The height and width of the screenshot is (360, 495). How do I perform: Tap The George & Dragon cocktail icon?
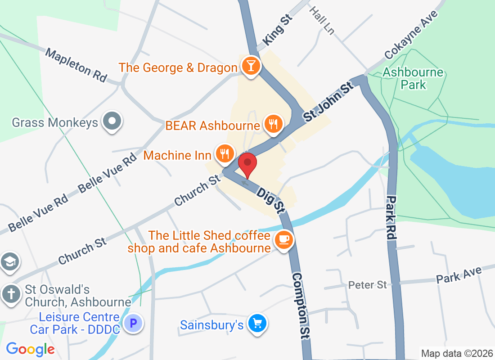(x=250, y=66)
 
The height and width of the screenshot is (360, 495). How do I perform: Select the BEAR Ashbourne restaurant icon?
(x=274, y=123)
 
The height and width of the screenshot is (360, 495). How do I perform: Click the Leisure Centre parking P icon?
(x=133, y=323)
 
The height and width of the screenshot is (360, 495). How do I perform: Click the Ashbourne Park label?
(x=413, y=78)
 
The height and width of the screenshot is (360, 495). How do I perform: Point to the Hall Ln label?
(x=322, y=20)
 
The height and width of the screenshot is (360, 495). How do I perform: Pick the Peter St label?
(x=368, y=285)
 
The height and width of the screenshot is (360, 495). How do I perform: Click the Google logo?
(x=30, y=349)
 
